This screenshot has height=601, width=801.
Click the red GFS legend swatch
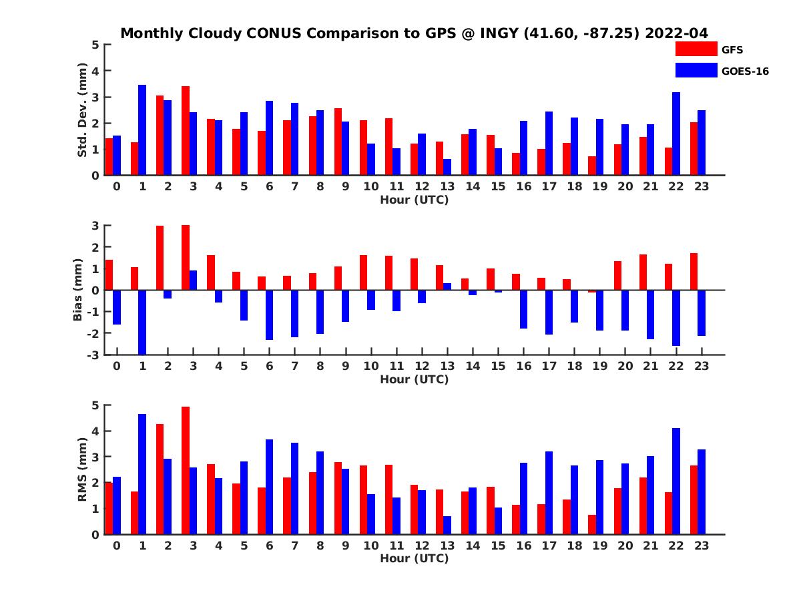tap(696, 49)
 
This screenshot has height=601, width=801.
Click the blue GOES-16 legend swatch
tap(696, 70)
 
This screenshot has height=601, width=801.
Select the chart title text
tap(414, 33)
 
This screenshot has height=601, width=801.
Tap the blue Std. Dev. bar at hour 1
tap(142, 130)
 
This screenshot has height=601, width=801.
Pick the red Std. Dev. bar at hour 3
tap(185, 131)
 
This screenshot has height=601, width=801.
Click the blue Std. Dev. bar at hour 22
tap(676, 134)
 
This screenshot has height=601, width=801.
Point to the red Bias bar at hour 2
tap(160, 258)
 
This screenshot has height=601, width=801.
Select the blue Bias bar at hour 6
tap(269, 315)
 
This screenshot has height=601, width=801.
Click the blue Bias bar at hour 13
tap(447, 286)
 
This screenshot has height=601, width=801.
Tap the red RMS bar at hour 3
tap(185, 471)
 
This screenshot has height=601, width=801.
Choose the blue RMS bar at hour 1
tap(142, 474)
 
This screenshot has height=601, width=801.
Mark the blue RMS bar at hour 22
tap(676, 481)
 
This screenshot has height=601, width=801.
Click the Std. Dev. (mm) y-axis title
tap(83, 110)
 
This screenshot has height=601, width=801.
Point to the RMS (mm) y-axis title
tap(83, 469)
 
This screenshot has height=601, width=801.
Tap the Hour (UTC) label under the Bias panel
tap(414, 379)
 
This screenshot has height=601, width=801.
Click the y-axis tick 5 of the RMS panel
tap(95, 405)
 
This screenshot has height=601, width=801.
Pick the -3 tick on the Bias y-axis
tap(93, 355)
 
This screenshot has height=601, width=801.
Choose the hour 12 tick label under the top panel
tap(422, 187)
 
